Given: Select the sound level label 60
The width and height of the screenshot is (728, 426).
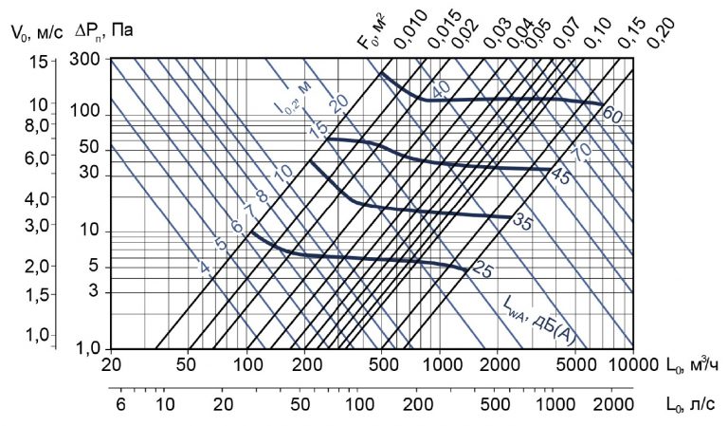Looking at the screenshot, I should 611,115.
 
